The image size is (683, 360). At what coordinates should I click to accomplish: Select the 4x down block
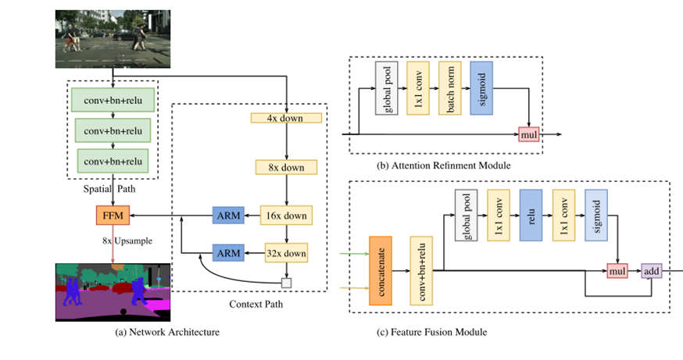(286, 118)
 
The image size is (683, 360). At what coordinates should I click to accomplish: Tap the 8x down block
(286, 166)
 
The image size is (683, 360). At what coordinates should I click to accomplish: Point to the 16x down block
(286, 215)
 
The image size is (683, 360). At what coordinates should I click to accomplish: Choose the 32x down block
(286, 253)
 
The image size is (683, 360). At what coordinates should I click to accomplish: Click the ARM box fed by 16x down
(227, 215)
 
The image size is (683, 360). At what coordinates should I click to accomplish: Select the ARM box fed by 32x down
(227, 253)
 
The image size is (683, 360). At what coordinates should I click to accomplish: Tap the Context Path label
(256, 304)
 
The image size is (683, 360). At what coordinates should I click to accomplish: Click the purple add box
(652, 270)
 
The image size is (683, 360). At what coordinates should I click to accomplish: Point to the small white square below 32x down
(287, 283)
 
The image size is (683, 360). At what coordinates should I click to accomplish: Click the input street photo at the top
(113, 38)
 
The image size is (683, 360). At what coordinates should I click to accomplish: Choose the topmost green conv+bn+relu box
(113, 99)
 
